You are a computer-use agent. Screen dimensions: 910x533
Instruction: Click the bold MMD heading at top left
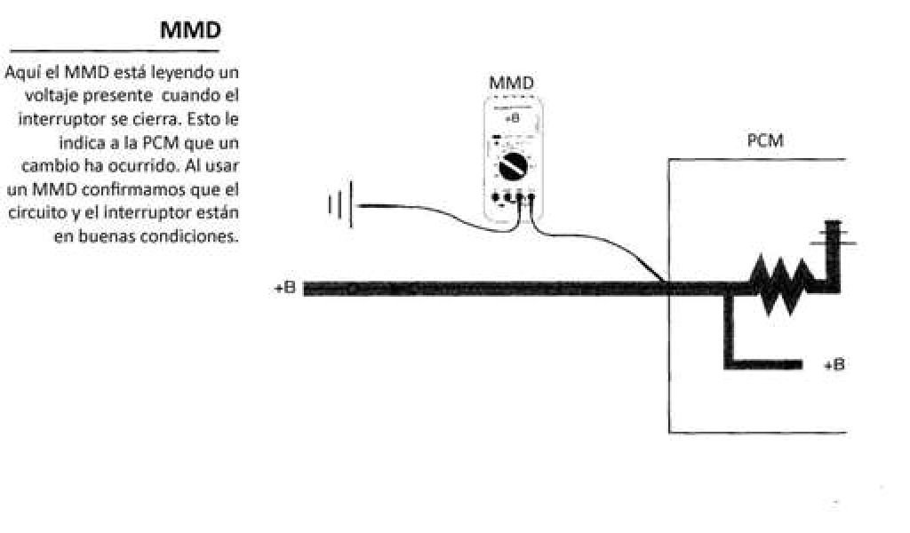[x=190, y=30]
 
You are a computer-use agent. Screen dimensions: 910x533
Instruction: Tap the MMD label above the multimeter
[x=512, y=83]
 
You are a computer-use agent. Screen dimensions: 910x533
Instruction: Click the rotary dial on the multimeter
[x=512, y=164]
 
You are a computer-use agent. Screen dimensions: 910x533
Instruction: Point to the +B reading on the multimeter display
[x=512, y=118]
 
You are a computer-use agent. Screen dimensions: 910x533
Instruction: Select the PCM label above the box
[x=765, y=141]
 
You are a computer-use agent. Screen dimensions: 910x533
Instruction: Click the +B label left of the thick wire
[x=284, y=289]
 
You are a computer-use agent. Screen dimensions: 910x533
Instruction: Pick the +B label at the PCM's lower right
[x=834, y=364]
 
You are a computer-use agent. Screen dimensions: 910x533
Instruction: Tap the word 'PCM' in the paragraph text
[x=148, y=143]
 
